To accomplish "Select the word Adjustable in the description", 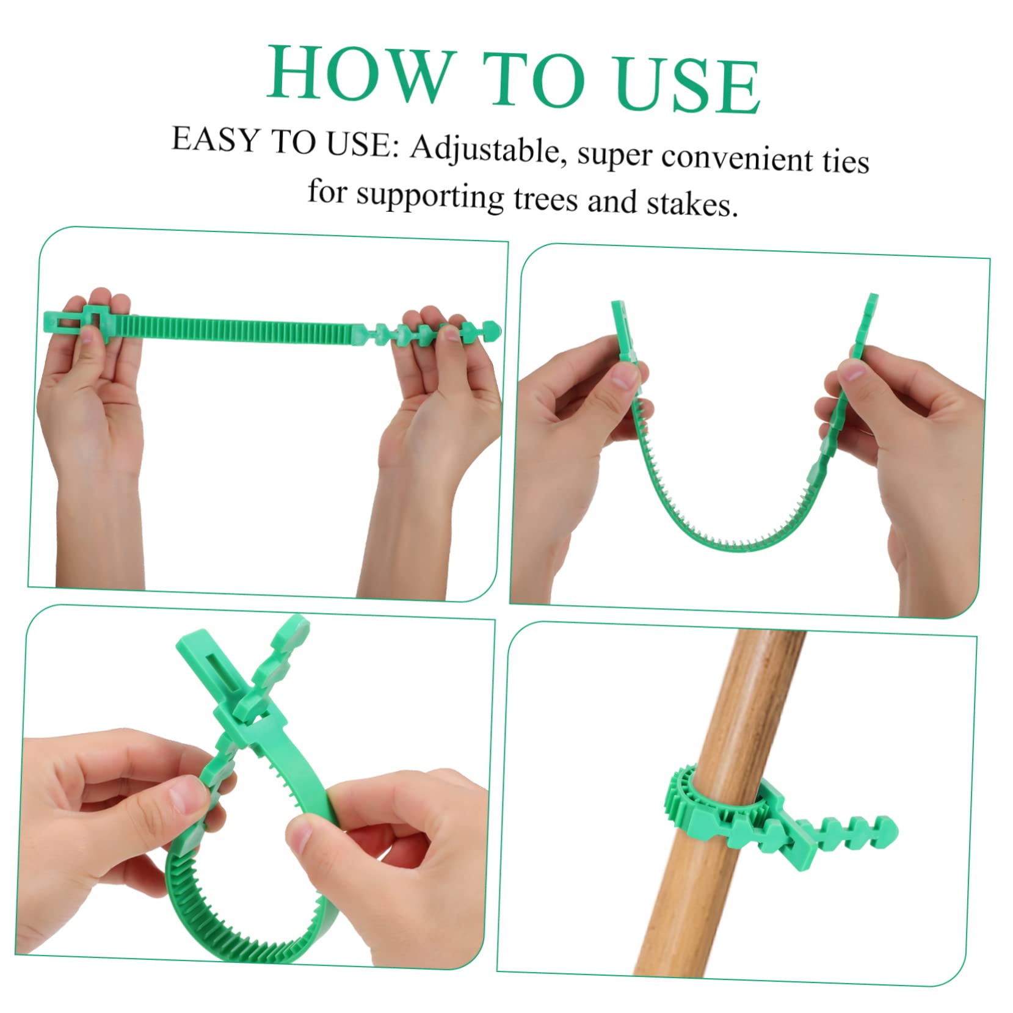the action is pyautogui.click(x=485, y=150).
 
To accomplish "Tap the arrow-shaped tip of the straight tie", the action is pyautogui.click(x=491, y=327).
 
